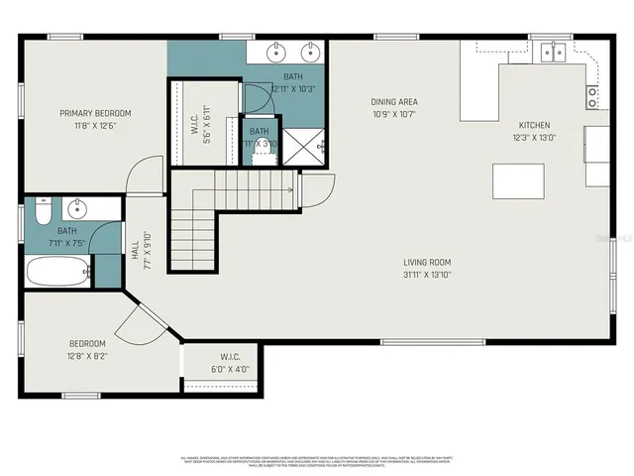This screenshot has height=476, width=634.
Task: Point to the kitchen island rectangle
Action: pyautogui.click(x=518, y=181)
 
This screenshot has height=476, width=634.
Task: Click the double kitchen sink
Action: pyautogui.click(x=551, y=51)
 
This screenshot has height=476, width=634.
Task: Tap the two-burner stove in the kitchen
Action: pyautogui.click(x=592, y=96)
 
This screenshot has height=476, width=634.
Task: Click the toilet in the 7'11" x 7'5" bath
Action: pyautogui.click(x=42, y=211)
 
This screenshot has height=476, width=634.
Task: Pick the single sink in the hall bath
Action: pyautogui.click(x=78, y=209)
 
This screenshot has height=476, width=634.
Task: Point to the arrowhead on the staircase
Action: pyautogui.click(x=289, y=188)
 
